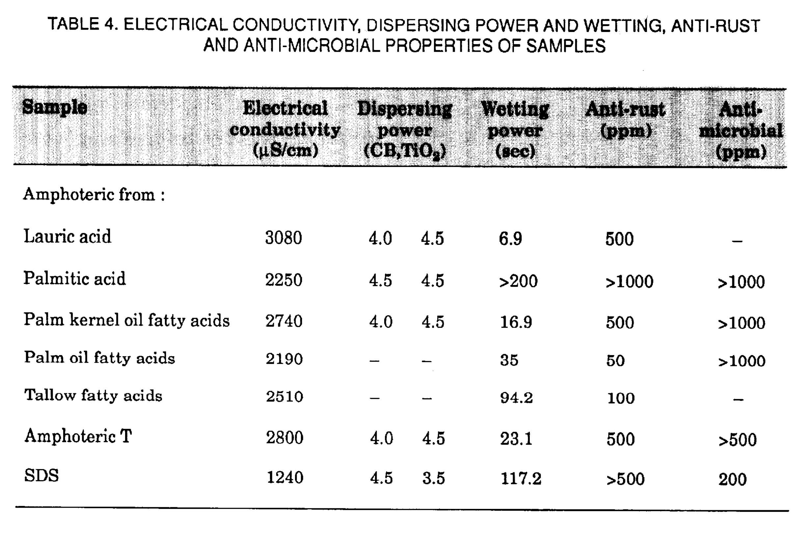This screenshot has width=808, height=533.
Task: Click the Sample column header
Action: click(x=55, y=107)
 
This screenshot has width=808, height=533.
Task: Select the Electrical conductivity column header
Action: click(x=285, y=129)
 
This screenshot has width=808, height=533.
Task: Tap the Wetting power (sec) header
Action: click(x=515, y=130)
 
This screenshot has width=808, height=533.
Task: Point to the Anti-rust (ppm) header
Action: click(x=625, y=119)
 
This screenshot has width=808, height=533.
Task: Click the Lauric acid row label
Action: click(x=67, y=236)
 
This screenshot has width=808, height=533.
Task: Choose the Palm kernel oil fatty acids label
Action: click(x=126, y=320)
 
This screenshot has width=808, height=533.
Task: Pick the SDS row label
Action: click(x=41, y=475)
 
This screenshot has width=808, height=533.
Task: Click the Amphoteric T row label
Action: click(x=78, y=436)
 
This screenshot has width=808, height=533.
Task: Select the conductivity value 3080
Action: click(x=284, y=238)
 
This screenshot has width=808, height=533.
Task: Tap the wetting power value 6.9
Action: click(x=510, y=238)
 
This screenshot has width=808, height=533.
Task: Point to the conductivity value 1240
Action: click(x=285, y=477)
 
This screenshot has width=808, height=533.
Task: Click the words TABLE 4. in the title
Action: click(x=83, y=24)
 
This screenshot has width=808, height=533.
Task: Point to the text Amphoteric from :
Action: click(x=94, y=194)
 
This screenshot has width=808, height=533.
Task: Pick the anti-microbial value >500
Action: click(x=737, y=439)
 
